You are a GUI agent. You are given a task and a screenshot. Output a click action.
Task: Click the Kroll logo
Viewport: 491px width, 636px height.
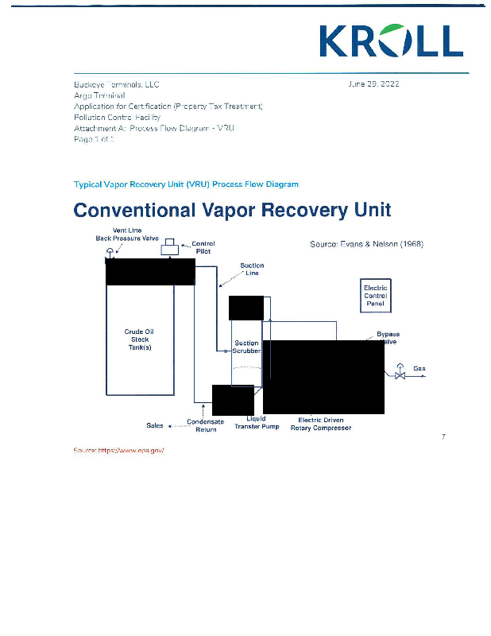pyautogui.click(x=390, y=41)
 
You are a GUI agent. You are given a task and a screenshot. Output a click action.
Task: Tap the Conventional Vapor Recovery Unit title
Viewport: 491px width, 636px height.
pyautogui.click(x=232, y=210)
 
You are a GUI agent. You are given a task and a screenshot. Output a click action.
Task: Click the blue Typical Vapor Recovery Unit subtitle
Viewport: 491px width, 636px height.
pyautogui.click(x=186, y=184)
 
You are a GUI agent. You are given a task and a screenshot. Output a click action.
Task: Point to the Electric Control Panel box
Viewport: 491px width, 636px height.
pyautogui.click(x=375, y=296)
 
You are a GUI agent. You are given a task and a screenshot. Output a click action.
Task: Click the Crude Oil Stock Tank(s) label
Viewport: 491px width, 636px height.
pyautogui.click(x=139, y=339)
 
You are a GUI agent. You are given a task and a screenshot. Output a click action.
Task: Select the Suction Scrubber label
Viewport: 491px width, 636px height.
pyautogui.click(x=246, y=347)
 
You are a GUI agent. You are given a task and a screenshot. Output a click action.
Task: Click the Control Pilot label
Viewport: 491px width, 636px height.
pyautogui.click(x=203, y=247)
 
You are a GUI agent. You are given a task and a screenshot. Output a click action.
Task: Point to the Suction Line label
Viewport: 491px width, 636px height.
pyautogui.click(x=252, y=270)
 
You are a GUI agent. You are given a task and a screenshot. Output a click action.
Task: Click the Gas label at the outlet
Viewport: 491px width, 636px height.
pyautogui.click(x=419, y=369)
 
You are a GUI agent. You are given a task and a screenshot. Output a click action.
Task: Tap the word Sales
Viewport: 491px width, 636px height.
pyautogui.click(x=155, y=425)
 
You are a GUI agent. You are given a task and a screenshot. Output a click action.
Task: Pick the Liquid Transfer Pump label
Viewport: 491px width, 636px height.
pyautogui.click(x=257, y=423)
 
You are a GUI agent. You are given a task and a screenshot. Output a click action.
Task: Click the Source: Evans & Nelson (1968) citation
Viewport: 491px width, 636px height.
pyautogui.click(x=366, y=244)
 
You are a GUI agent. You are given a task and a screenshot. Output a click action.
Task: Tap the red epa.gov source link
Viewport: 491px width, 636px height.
pyautogui.click(x=118, y=450)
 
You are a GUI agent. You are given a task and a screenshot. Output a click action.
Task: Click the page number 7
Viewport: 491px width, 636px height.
pyautogui.click(x=443, y=436)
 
